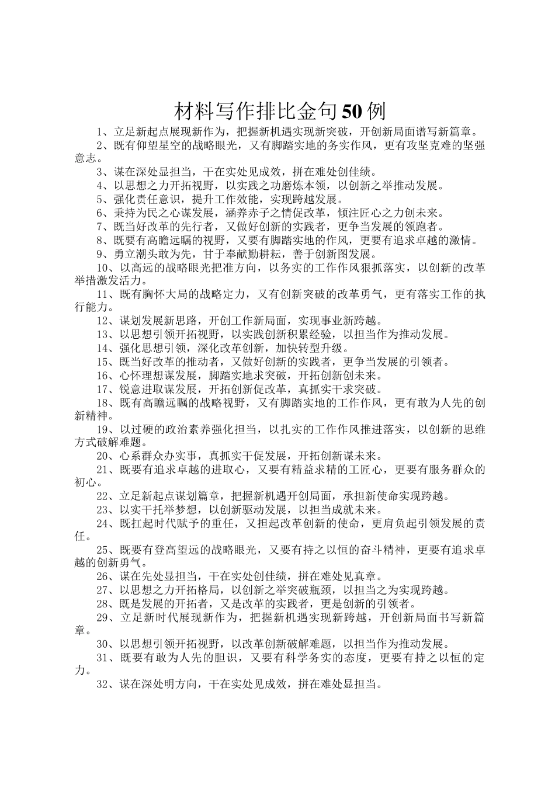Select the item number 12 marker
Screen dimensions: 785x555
[x=103, y=321]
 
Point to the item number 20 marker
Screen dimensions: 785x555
[x=103, y=456]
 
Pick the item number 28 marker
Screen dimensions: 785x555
[x=103, y=603]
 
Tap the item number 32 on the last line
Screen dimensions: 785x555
[x=103, y=684]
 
